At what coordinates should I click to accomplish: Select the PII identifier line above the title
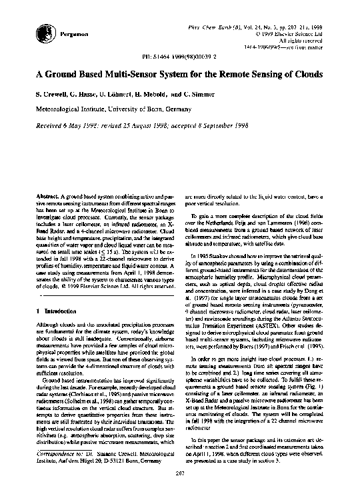click(180, 57)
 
